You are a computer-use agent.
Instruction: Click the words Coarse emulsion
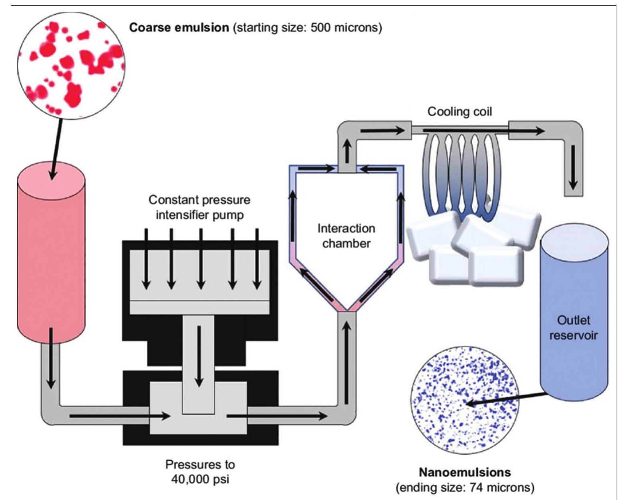click(x=179, y=28)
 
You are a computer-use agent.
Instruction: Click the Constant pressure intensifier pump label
click(x=199, y=207)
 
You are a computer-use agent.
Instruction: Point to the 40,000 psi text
click(x=200, y=479)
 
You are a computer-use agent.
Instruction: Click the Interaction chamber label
click(x=346, y=236)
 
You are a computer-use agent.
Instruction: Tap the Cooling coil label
click(x=459, y=111)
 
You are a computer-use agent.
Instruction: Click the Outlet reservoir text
click(x=574, y=328)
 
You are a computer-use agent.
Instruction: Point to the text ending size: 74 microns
click(x=465, y=488)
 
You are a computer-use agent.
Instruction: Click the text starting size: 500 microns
click(x=308, y=28)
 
